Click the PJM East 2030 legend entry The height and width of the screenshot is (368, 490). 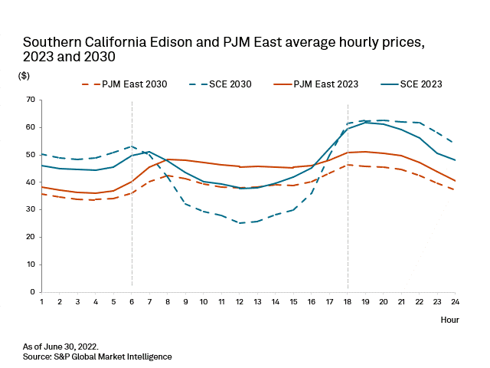(134, 84)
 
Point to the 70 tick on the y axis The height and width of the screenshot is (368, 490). (31, 100)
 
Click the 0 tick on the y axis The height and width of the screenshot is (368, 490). (34, 292)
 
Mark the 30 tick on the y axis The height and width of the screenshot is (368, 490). (31, 209)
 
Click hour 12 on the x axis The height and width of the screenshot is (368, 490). (239, 302)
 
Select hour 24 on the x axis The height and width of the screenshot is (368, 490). (456, 302)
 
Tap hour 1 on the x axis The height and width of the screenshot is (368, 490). (41, 302)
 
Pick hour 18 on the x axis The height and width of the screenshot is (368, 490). (348, 302)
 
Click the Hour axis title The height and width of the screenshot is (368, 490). (449, 320)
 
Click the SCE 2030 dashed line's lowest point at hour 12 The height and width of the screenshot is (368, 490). (239, 223)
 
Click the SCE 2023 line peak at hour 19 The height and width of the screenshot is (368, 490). (365, 123)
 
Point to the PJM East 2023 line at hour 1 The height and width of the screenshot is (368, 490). (41, 187)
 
